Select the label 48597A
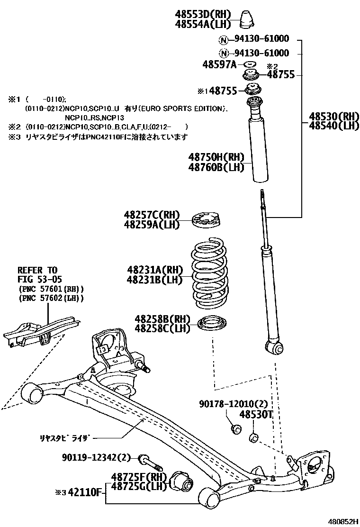(219, 64)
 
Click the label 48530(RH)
(333, 116)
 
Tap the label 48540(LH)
(333, 126)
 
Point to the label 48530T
(256, 415)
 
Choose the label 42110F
(85, 492)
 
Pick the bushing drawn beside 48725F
(182, 482)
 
